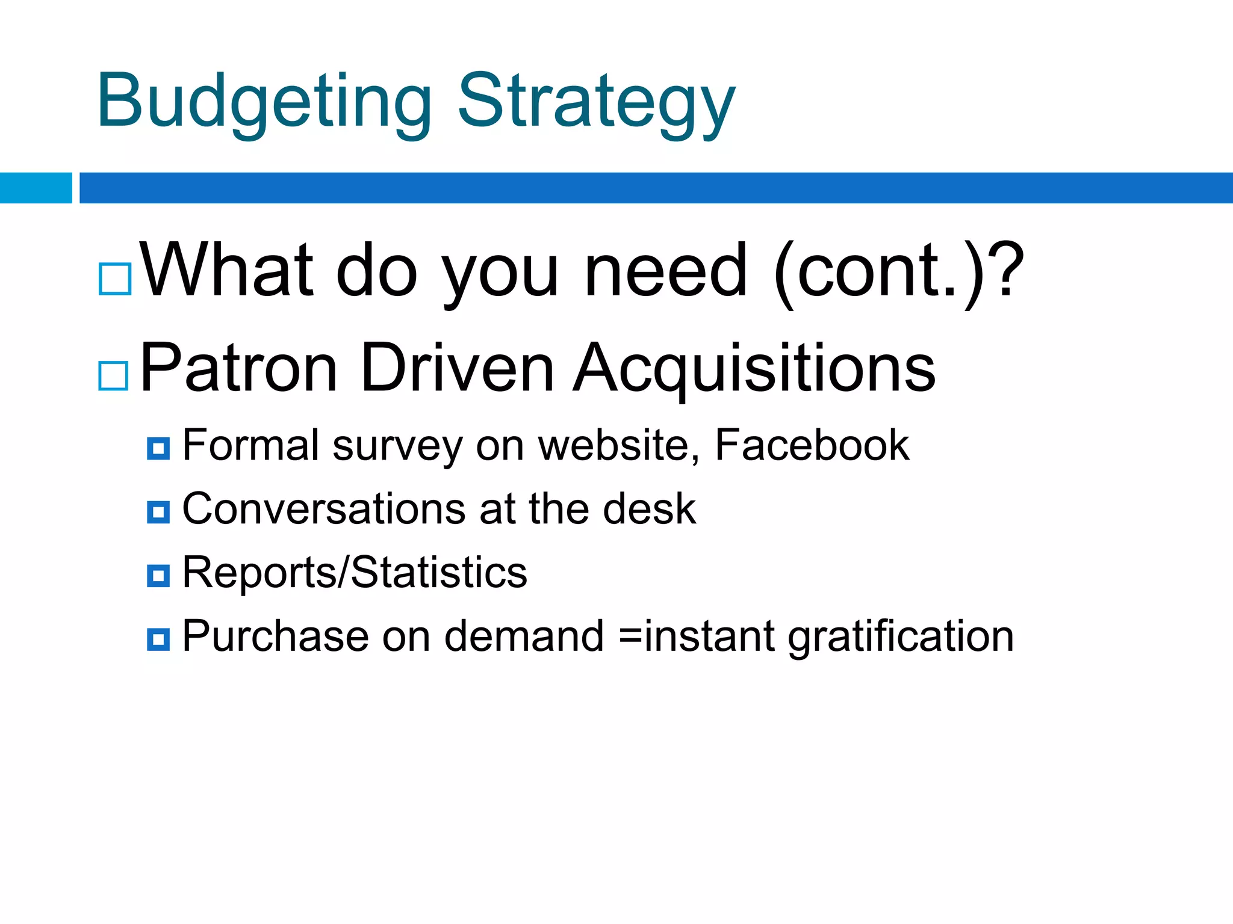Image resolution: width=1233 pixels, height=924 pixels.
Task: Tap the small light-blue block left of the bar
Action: coord(36,188)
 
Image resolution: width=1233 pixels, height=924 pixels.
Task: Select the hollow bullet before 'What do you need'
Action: coord(115,279)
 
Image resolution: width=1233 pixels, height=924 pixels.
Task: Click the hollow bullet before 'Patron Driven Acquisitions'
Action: coord(113,376)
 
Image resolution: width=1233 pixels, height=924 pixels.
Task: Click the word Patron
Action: coord(238,368)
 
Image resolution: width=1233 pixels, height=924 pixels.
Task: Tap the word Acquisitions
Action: coord(754,368)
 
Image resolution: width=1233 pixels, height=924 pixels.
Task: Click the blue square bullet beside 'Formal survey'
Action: coord(158,449)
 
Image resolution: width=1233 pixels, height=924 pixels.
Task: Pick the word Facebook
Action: coord(812,445)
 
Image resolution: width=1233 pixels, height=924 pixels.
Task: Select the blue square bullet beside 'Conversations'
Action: coord(158,513)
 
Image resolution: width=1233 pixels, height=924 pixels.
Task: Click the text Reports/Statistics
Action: coord(355,573)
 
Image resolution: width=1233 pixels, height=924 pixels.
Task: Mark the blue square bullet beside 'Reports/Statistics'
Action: coord(158,576)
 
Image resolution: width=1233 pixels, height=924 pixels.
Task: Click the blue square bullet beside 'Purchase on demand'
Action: coord(158,639)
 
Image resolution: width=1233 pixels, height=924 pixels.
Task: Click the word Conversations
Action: coord(324,509)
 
